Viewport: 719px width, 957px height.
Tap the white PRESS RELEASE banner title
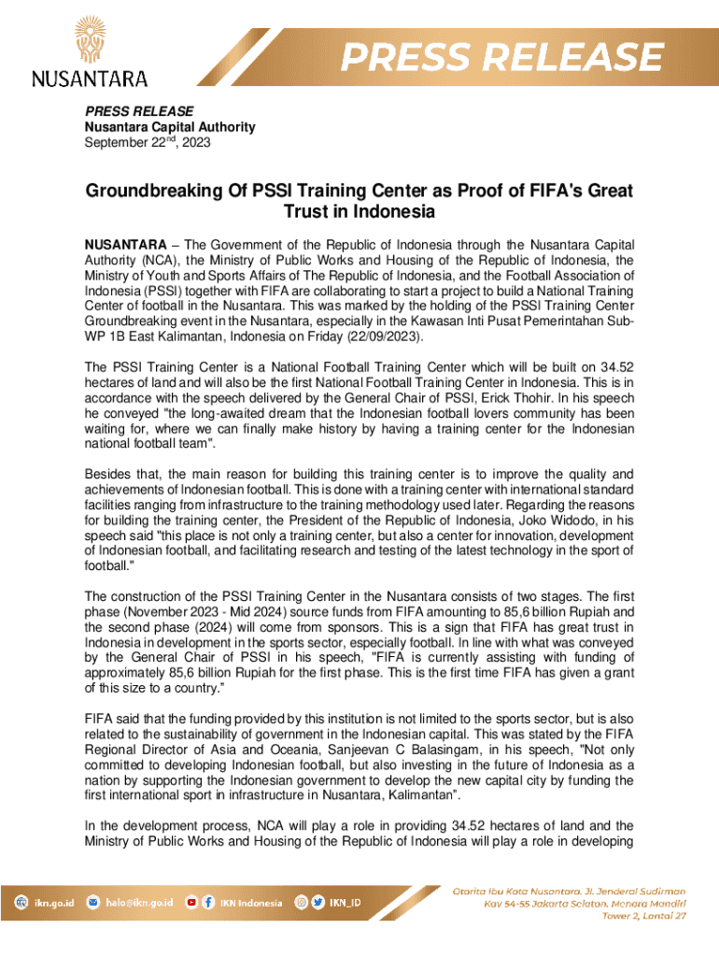[502, 58]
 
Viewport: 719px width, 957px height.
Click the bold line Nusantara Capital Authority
[170, 127]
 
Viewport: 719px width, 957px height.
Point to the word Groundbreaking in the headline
[152, 192]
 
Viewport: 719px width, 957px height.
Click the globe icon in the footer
[21, 903]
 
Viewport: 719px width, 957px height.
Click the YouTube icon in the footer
[191, 903]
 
